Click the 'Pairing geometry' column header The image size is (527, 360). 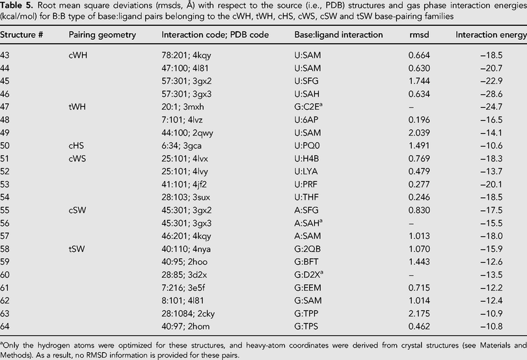(x=102, y=35)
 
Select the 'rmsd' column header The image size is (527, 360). (x=419, y=35)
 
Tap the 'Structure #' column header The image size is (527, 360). (x=21, y=35)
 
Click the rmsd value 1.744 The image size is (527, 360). (x=419, y=81)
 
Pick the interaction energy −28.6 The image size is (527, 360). (x=491, y=94)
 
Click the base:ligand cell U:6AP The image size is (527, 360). (x=306, y=120)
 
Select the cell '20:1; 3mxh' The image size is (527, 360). (x=183, y=107)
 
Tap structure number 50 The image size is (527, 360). (x=5, y=146)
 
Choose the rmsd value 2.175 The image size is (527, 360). (x=419, y=314)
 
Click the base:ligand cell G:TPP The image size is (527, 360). (x=306, y=314)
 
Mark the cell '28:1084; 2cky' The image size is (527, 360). (x=188, y=314)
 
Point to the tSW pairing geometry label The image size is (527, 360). (x=77, y=249)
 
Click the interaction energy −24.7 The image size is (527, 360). (x=491, y=107)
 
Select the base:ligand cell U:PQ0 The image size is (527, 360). (x=307, y=146)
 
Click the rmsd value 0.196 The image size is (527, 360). (x=419, y=120)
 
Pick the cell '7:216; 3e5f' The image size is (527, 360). (x=183, y=288)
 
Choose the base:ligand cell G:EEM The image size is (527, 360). (x=308, y=288)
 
